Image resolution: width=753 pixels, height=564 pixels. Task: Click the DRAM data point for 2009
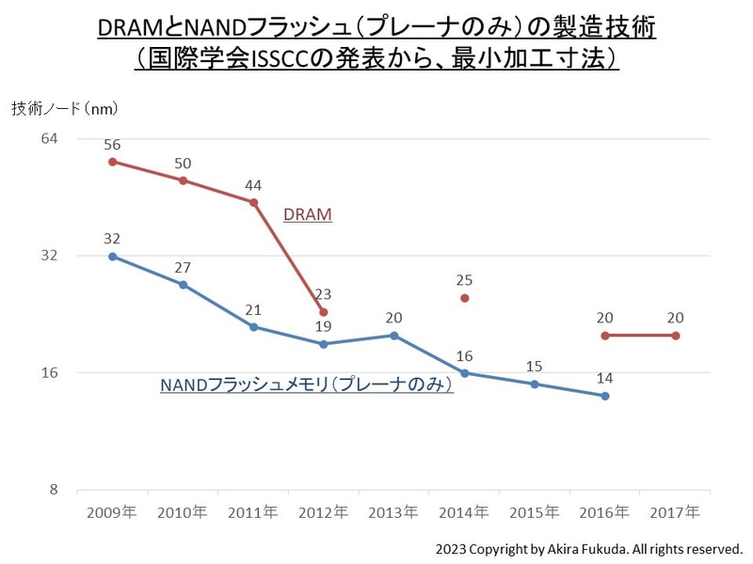coord(112,162)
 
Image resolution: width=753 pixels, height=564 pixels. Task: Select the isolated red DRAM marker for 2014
coord(464,298)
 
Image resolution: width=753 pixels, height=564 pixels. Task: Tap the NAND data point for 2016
coord(605,396)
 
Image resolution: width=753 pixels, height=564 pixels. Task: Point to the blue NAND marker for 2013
coord(393,336)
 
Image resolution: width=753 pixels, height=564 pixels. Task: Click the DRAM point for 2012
coord(324,312)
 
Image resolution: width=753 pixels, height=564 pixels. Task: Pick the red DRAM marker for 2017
coord(676,336)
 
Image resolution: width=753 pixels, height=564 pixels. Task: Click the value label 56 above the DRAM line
coord(112,145)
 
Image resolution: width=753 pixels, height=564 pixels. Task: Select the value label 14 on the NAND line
coord(605,378)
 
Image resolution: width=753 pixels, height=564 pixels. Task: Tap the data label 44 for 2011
coord(253,185)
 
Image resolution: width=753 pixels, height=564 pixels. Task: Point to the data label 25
coord(464,280)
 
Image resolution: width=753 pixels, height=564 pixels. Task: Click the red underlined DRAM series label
coord(308,214)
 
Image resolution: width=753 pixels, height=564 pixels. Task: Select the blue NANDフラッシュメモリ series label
coord(307,385)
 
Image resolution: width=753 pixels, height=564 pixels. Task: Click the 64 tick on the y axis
coord(49,138)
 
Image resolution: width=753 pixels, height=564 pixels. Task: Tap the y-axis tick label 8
coord(54,490)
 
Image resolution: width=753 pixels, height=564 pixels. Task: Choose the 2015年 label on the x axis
coord(535,513)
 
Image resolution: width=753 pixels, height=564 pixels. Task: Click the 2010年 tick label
coord(183,513)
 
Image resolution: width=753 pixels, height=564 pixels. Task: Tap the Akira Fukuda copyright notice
coord(588,548)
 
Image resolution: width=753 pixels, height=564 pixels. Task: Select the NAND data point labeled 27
coord(183,284)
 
